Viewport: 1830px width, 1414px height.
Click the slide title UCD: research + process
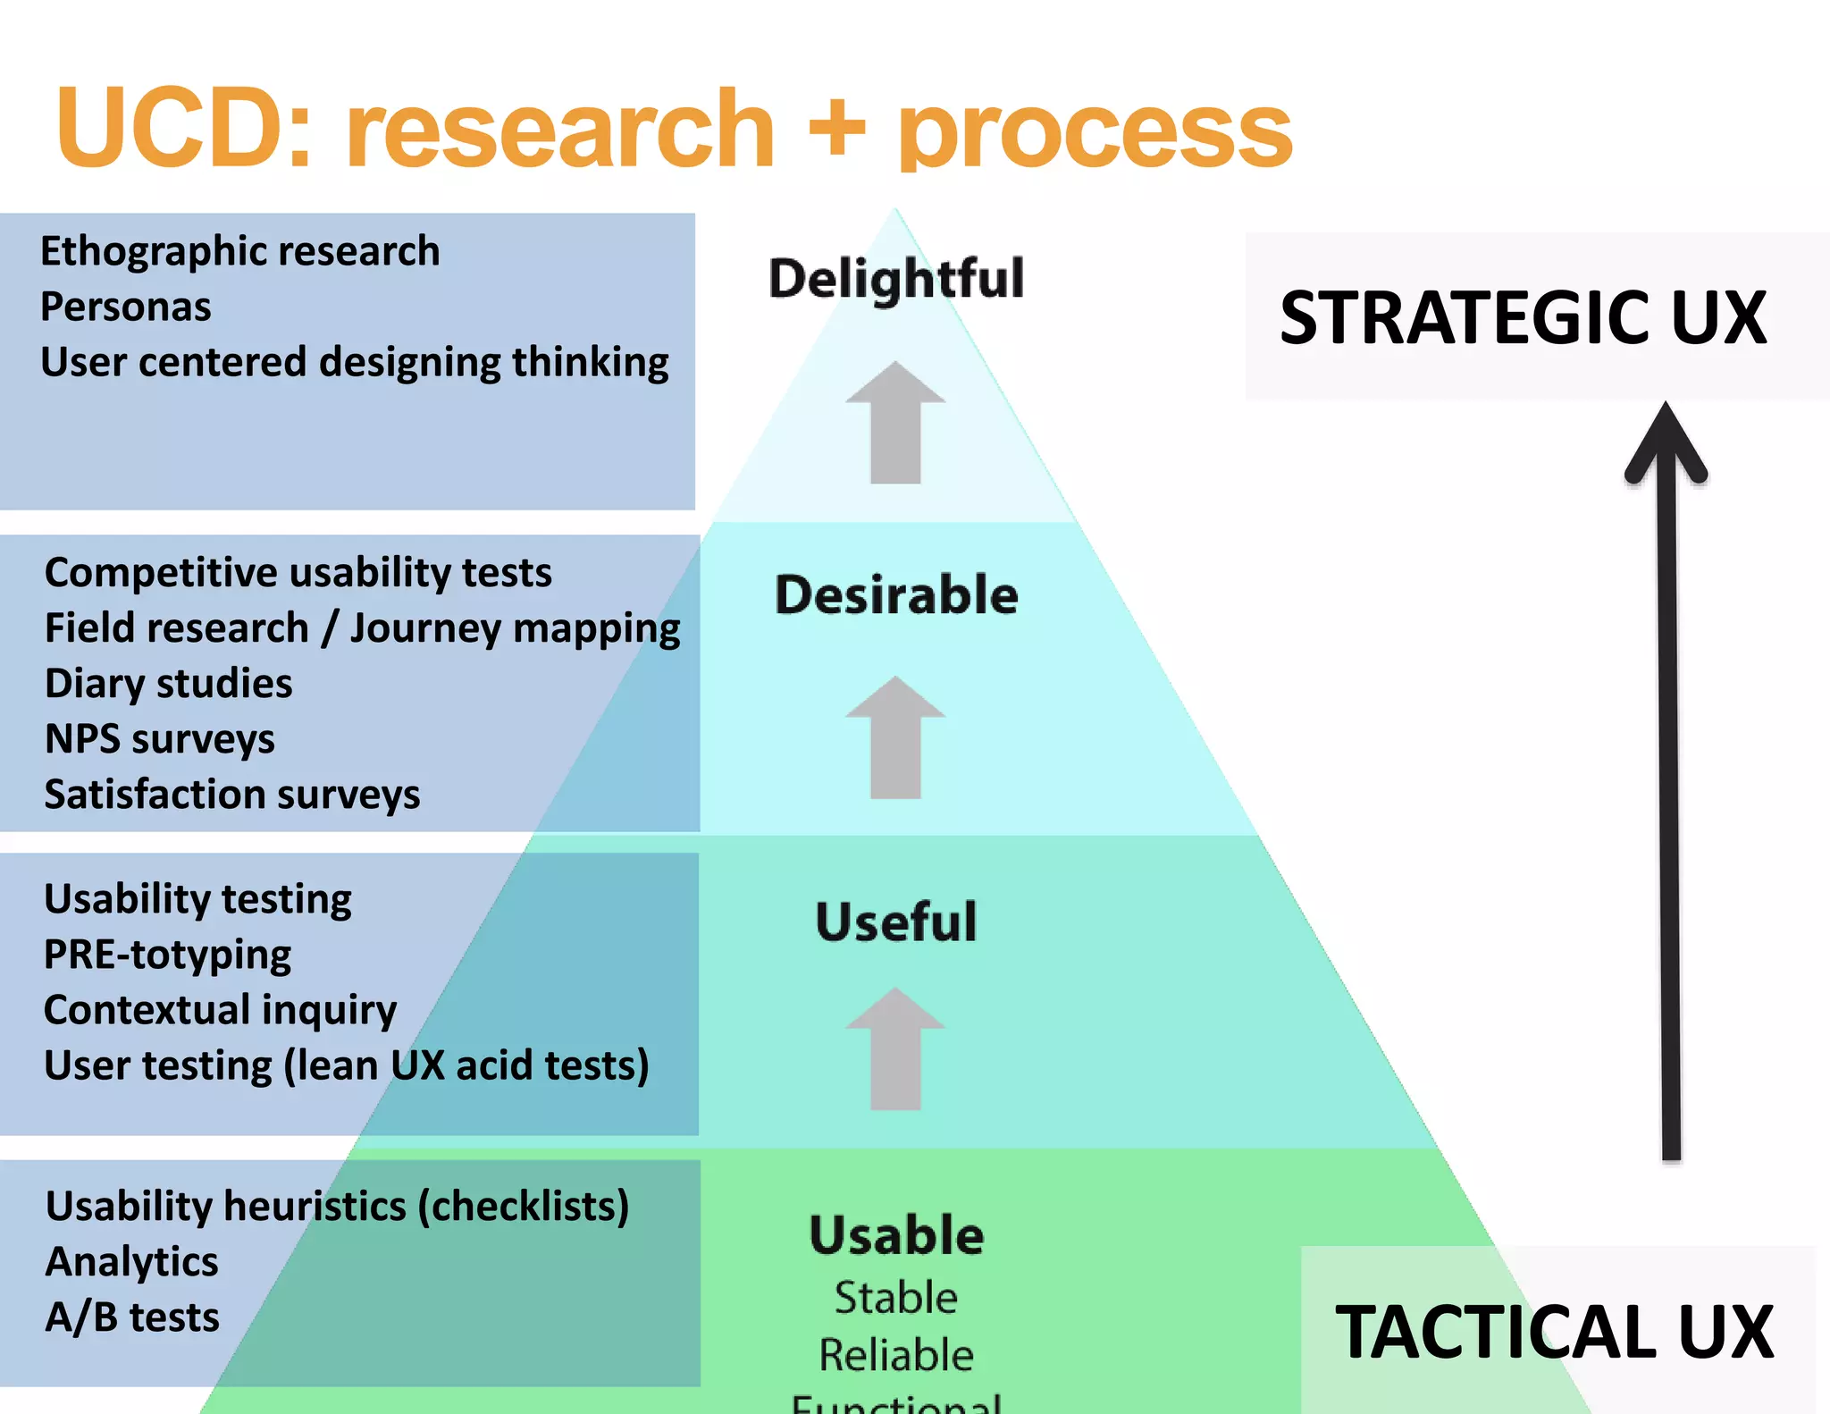click(674, 130)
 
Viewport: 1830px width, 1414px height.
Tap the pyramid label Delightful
click(896, 279)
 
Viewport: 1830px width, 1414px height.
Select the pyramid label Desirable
click(896, 595)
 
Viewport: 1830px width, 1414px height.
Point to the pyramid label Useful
click(896, 922)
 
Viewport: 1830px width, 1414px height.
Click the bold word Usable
click(896, 1235)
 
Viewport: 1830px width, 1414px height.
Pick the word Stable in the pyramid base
click(896, 1298)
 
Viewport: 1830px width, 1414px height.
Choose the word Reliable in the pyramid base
click(896, 1355)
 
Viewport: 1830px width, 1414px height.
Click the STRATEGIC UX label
click(1523, 318)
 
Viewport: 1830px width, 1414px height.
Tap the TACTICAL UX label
click(1554, 1332)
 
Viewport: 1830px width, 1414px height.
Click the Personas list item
click(126, 307)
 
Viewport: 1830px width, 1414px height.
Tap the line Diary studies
click(169, 684)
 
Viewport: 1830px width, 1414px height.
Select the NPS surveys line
click(160, 739)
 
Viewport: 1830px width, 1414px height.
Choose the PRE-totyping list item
click(167, 955)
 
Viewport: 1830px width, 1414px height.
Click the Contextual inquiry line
click(220, 1010)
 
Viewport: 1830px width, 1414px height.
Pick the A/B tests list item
click(132, 1317)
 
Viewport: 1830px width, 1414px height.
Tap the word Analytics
click(132, 1262)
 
